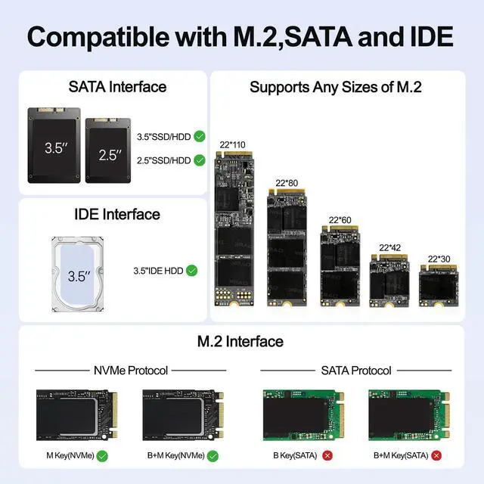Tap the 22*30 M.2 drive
(x=439, y=284)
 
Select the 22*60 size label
(x=340, y=220)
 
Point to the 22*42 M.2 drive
(x=389, y=280)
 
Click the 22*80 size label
(x=286, y=183)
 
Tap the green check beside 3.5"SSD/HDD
(x=200, y=137)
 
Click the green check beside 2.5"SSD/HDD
(x=200, y=160)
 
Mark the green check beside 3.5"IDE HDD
(x=192, y=270)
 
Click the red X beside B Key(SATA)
(x=327, y=456)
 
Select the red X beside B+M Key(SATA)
(x=436, y=456)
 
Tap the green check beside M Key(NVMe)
(x=102, y=456)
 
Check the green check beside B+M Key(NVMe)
(x=213, y=456)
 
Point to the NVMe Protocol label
(x=130, y=371)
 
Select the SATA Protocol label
(x=355, y=371)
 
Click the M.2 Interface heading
(x=240, y=341)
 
